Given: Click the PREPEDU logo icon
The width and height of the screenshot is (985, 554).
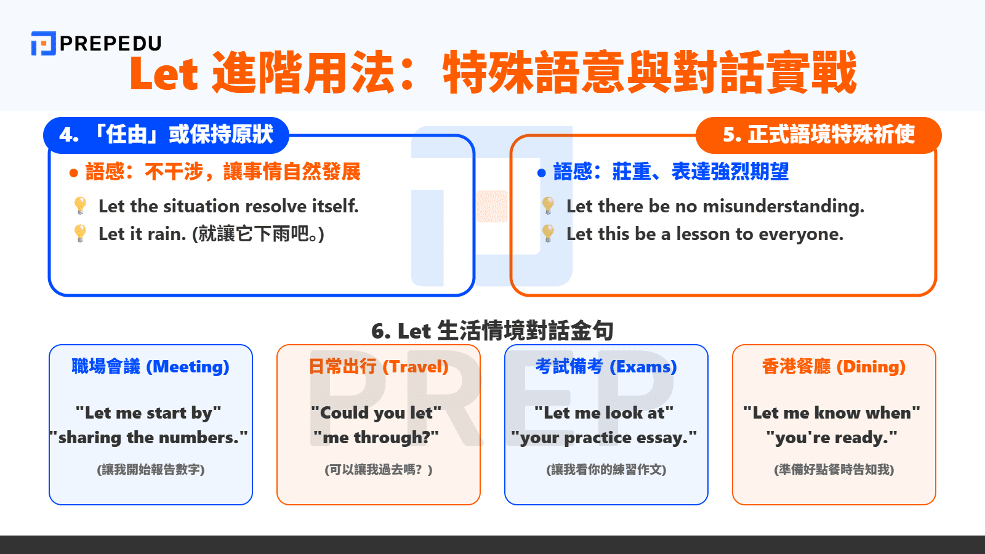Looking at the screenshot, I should (43, 43).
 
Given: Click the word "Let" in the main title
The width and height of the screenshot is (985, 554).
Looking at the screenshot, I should (164, 74).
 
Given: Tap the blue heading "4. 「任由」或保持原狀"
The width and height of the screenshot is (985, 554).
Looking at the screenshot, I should (166, 135).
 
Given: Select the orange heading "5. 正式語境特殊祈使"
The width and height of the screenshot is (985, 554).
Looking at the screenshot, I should (818, 135).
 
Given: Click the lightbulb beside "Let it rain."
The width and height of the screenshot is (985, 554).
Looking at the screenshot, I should (80, 233).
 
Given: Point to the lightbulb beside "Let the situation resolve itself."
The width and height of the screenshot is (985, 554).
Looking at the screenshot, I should (80, 206).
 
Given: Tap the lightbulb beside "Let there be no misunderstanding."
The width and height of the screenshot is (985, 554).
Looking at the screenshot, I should (548, 206).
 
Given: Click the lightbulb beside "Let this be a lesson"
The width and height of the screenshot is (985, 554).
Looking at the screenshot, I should (548, 233).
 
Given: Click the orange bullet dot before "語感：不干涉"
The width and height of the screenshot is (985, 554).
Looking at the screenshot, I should (74, 173).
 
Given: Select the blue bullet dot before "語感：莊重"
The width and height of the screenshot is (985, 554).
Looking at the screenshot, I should (542, 173).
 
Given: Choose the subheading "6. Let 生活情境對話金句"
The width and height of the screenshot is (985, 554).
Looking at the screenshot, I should (492, 331).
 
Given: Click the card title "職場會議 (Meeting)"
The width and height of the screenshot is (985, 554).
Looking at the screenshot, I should (151, 367).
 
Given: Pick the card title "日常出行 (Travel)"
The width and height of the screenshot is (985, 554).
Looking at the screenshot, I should (379, 367).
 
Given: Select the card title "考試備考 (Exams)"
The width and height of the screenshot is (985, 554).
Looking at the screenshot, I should (606, 367).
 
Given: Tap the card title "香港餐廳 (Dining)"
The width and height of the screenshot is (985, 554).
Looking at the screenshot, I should (834, 367).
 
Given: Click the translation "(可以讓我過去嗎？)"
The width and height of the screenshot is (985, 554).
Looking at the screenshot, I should (379, 470).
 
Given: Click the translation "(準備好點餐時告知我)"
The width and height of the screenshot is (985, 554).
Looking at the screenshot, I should (834, 470).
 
